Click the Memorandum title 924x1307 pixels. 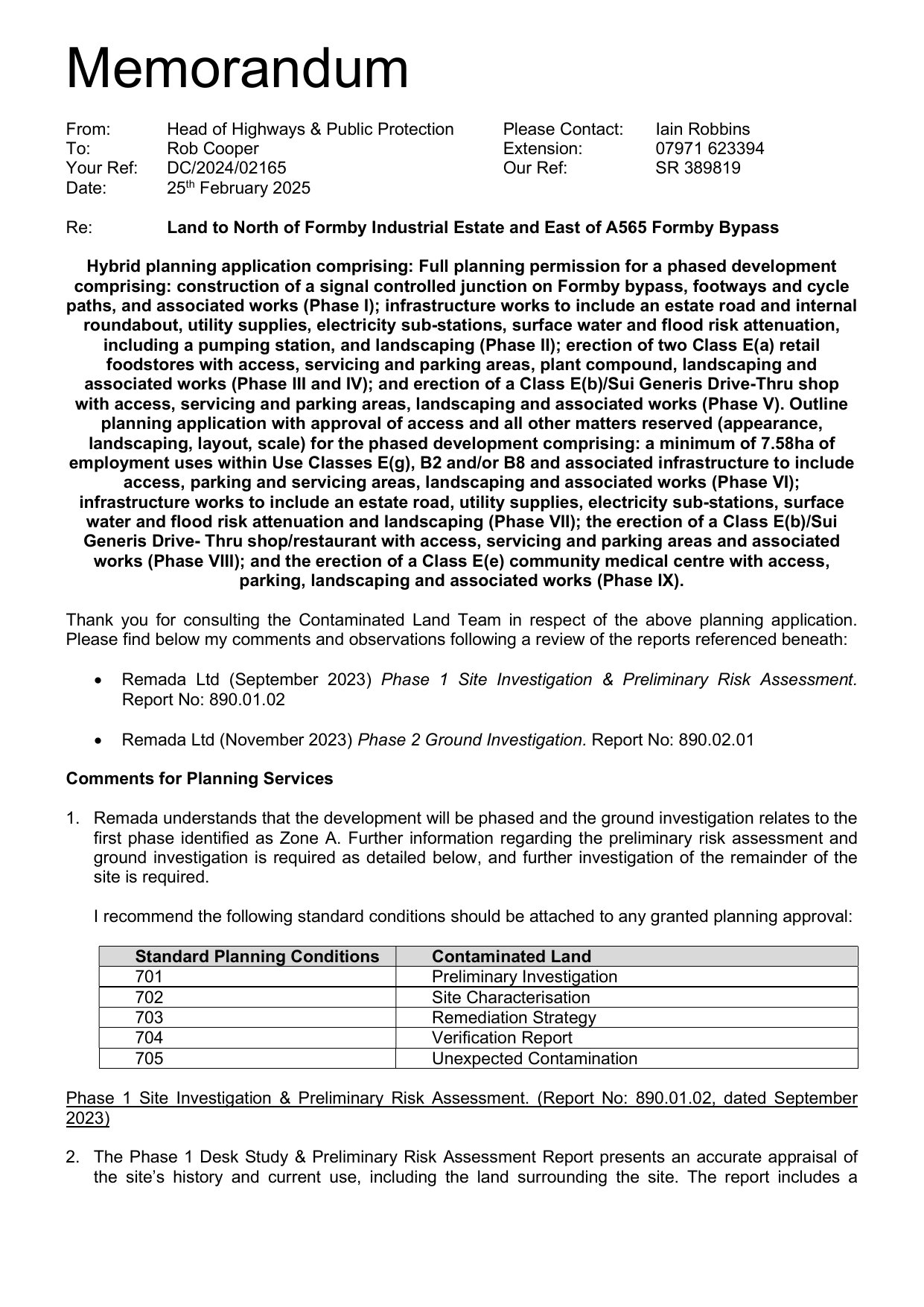pyautogui.click(x=238, y=69)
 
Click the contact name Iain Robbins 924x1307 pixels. pyautogui.click(x=702, y=130)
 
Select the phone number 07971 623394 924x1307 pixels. pyautogui.click(x=709, y=149)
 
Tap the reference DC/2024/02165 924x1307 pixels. pyautogui.click(x=226, y=168)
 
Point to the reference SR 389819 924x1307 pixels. pyautogui.click(x=698, y=168)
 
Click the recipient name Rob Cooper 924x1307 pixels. pyautogui.click(x=212, y=149)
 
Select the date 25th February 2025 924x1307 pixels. pyautogui.click(x=238, y=188)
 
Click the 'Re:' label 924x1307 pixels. pyautogui.click(x=79, y=228)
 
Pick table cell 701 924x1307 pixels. pyautogui.click(x=149, y=977)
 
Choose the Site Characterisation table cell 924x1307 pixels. pyautogui.click(x=510, y=997)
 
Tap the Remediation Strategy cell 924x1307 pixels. pyautogui.click(x=514, y=1017)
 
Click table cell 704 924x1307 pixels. pyautogui.click(x=149, y=1037)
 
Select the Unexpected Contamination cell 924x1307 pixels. pyautogui.click(x=534, y=1058)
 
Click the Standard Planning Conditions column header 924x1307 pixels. pyautogui.click(x=257, y=956)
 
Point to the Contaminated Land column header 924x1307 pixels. pyautogui.click(x=511, y=956)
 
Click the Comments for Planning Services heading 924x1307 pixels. pyautogui.click(x=200, y=779)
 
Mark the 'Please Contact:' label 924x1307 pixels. pyautogui.click(x=563, y=130)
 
